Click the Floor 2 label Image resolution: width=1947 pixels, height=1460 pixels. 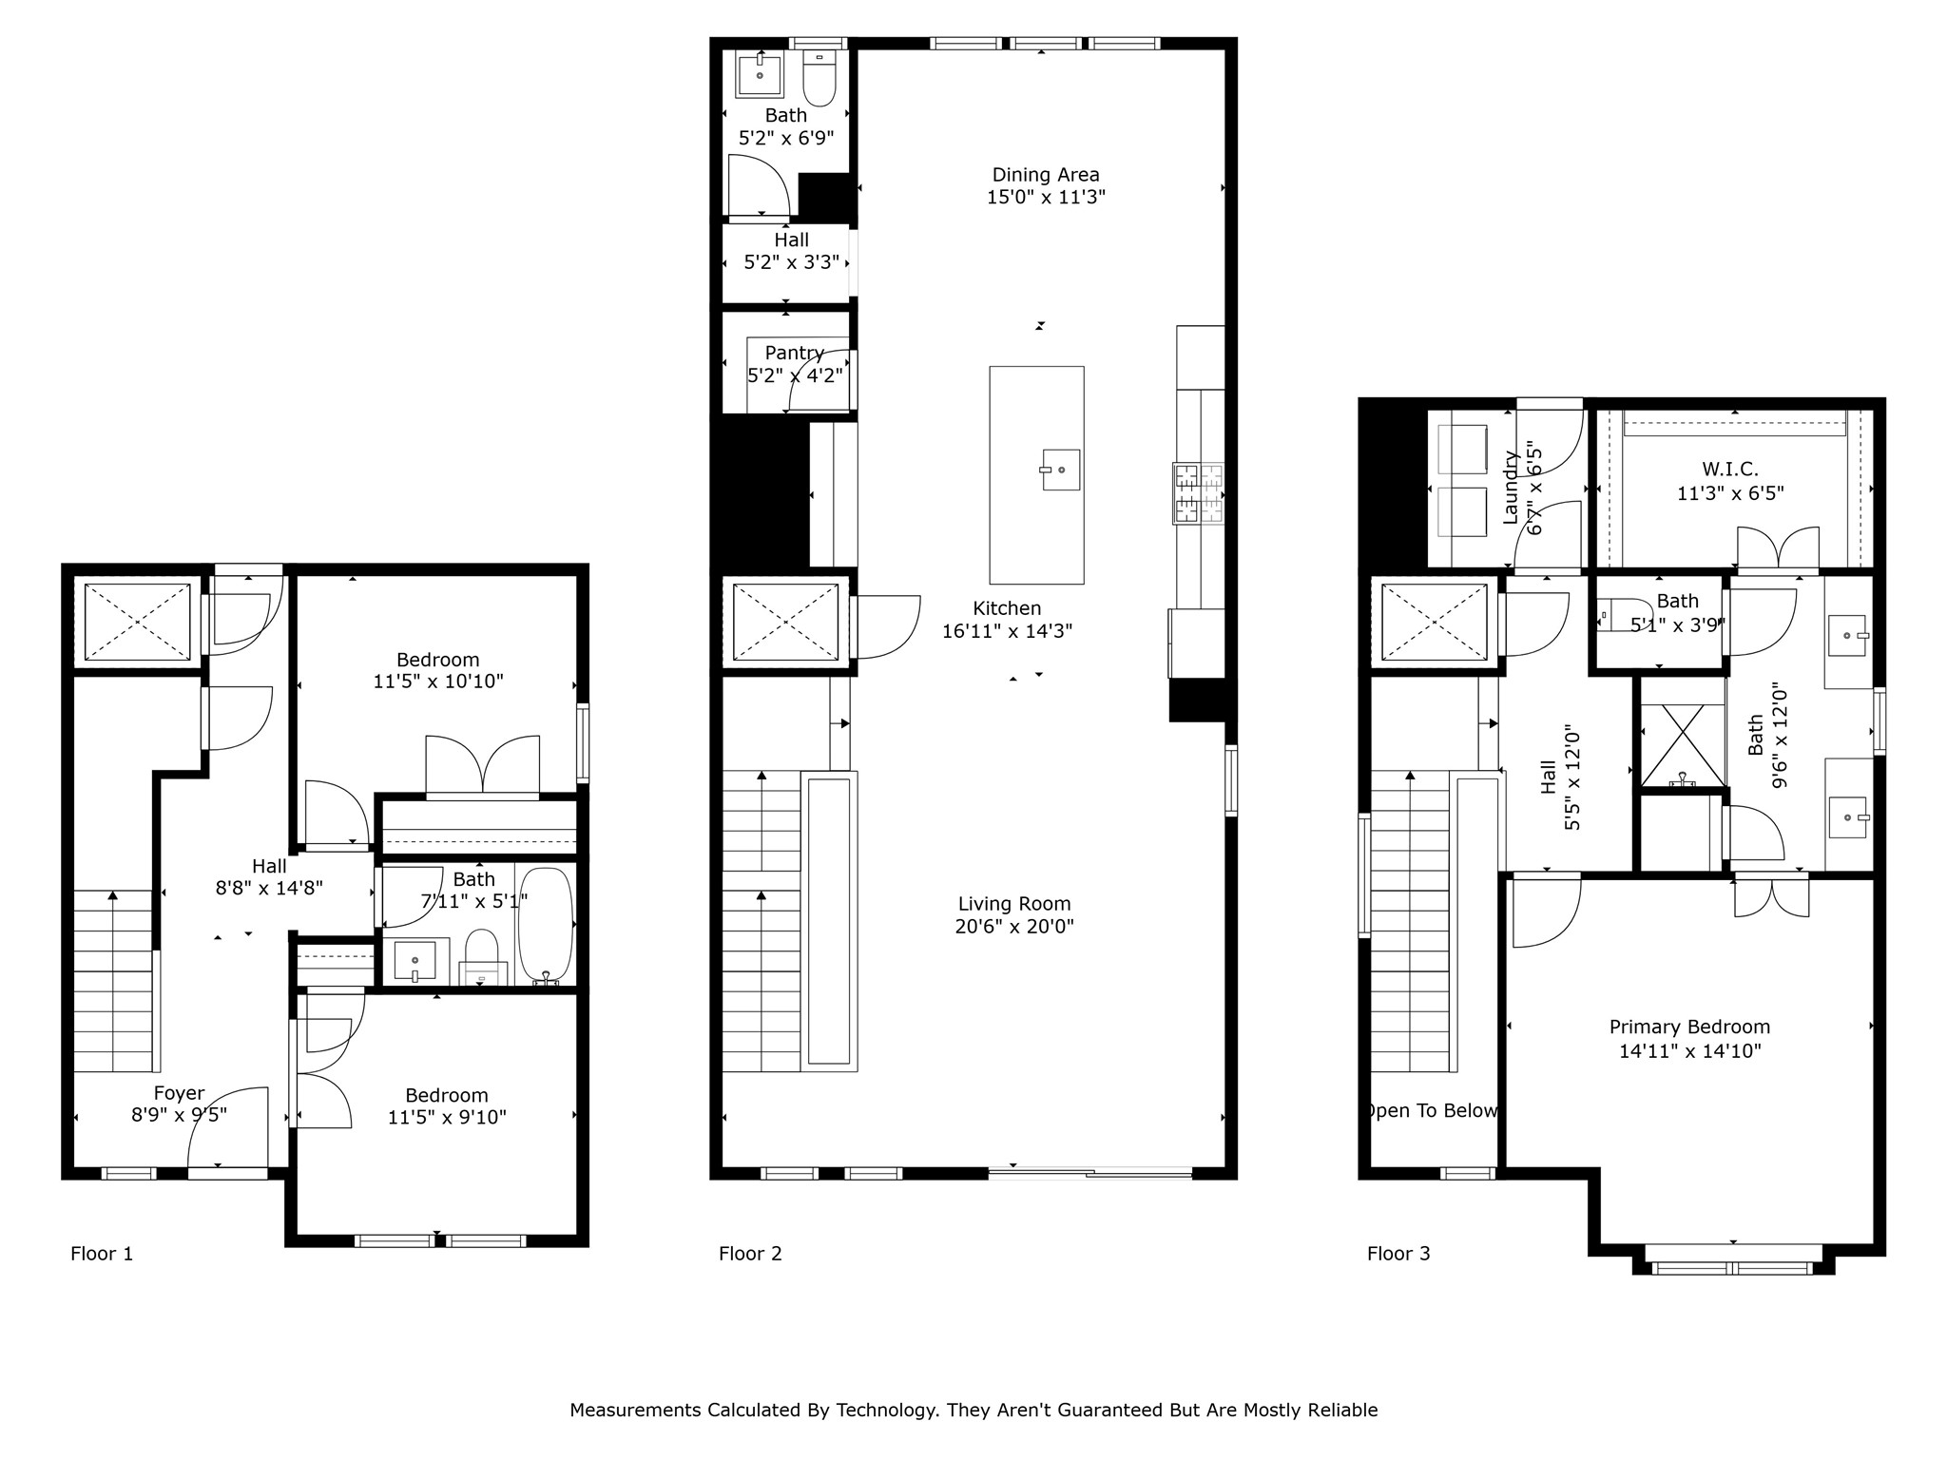pyautogui.click(x=750, y=1254)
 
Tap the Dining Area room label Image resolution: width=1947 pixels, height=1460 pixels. pyautogui.click(x=1046, y=175)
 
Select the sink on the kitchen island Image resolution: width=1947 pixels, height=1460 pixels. pyautogui.click(x=1060, y=470)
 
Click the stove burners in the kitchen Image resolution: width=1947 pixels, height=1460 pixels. pyautogui.click(x=1198, y=492)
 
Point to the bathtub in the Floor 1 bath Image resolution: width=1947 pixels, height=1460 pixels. pyautogui.click(x=546, y=925)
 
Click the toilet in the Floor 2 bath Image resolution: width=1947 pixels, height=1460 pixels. pyautogui.click(x=819, y=80)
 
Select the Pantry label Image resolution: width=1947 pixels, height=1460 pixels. pyautogui.click(x=794, y=353)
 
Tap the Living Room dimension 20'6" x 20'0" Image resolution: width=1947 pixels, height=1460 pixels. pyautogui.click(x=1014, y=927)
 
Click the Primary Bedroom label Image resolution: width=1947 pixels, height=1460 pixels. pyautogui.click(x=1689, y=1027)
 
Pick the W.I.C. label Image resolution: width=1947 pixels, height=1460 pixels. pyautogui.click(x=1729, y=469)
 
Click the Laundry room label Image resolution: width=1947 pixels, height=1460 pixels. pyautogui.click(x=1510, y=488)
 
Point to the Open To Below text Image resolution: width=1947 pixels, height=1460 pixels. pyautogui.click(x=1432, y=1110)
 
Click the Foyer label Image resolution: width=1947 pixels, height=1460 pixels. pyautogui.click(x=179, y=1093)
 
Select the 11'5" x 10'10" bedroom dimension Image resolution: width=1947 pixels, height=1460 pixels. pyautogui.click(x=437, y=682)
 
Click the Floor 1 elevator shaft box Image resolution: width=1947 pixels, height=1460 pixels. pyautogui.click(x=138, y=622)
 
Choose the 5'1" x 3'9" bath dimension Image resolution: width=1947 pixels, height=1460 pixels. pyautogui.click(x=1677, y=624)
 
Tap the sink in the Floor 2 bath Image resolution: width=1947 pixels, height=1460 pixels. pyautogui.click(x=760, y=75)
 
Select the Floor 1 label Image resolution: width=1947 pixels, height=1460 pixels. pyautogui.click(x=102, y=1254)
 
